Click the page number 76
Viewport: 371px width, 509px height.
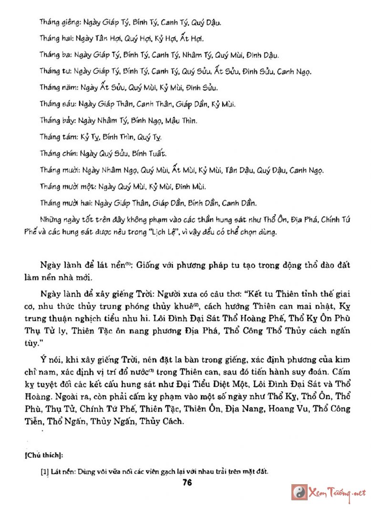click(186, 482)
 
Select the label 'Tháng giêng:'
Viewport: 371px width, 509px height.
click(60, 22)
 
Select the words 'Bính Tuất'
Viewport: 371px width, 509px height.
click(148, 153)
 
